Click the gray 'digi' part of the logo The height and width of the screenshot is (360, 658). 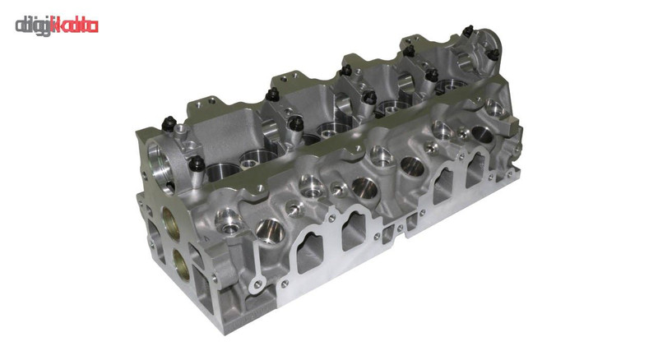click(x=33, y=26)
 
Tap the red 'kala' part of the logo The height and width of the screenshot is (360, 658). click(x=74, y=26)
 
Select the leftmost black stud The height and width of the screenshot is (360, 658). click(x=169, y=123)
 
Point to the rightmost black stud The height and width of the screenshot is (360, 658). click(x=494, y=54)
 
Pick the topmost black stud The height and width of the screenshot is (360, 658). click(x=468, y=31)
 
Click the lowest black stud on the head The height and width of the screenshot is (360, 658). click(x=197, y=164)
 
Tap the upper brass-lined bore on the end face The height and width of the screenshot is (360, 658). click(x=171, y=224)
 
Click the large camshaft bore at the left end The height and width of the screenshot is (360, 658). click(x=160, y=168)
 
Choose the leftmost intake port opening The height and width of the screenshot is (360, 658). click(x=310, y=253)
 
